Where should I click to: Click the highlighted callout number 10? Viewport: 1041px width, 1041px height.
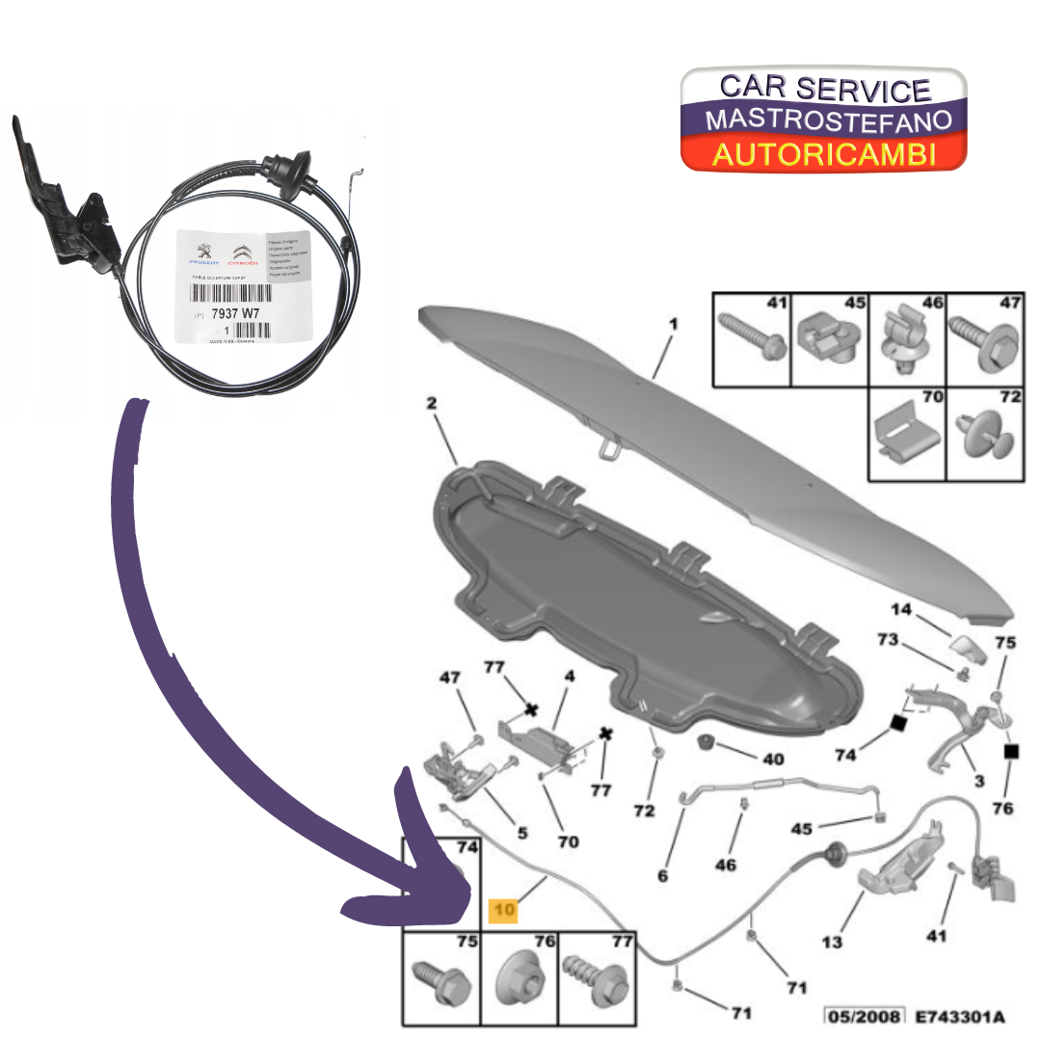click(503, 910)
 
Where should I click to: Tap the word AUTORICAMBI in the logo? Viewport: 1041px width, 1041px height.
click(823, 154)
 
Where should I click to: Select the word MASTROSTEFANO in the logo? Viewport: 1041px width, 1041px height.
click(828, 120)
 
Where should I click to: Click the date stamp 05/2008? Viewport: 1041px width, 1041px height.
click(863, 1016)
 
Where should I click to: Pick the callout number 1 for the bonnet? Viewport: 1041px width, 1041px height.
click(673, 324)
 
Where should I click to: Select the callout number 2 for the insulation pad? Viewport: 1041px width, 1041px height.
click(432, 406)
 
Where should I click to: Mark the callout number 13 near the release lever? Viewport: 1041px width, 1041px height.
click(832, 941)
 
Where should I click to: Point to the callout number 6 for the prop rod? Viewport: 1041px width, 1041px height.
click(662, 875)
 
